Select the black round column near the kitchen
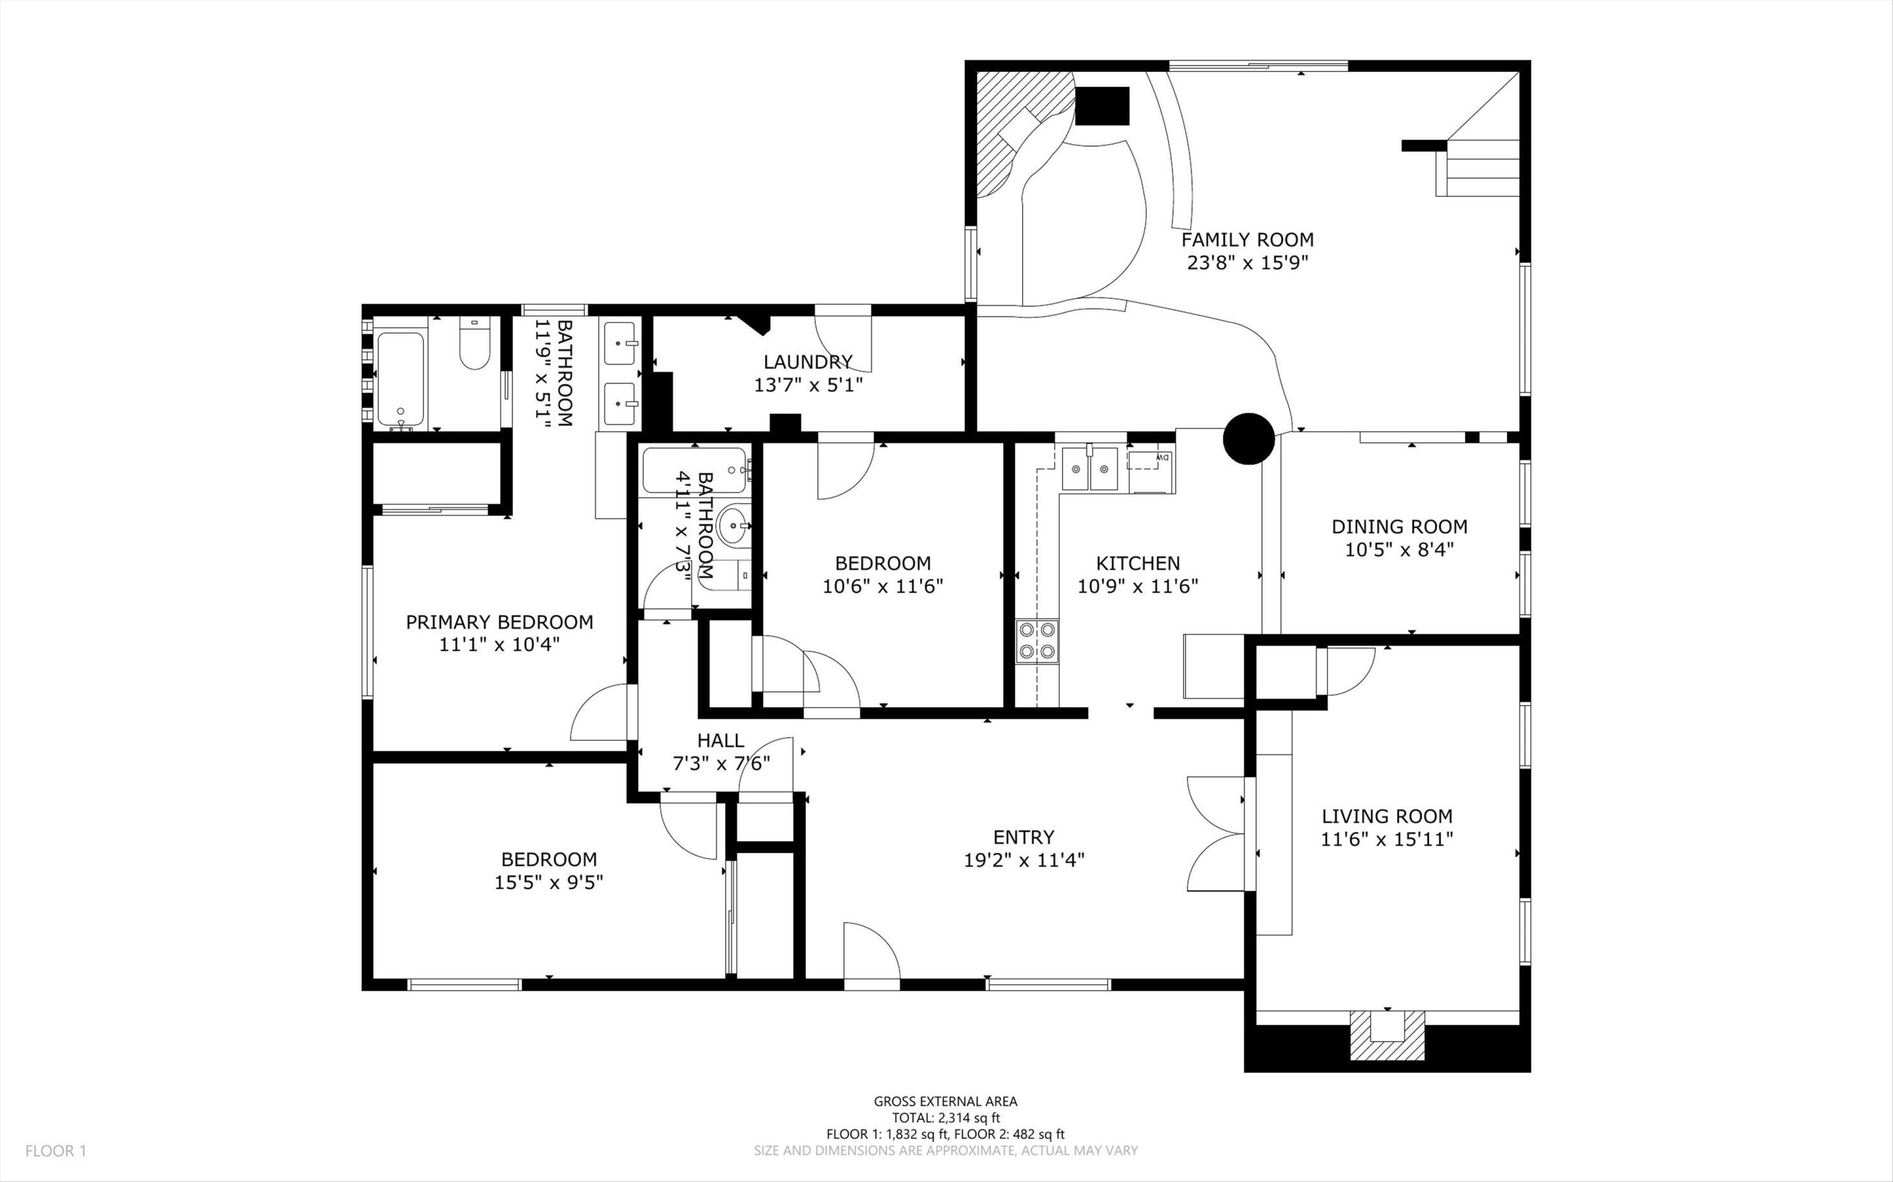tap(1249, 438)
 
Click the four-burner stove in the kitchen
tap(1037, 641)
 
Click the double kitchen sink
tap(1091, 469)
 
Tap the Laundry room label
tap(808, 362)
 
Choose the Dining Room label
tap(1400, 527)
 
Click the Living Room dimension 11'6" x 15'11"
tap(1387, 840)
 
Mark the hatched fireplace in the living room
tap(1387, 1036)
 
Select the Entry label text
tap(1023, 837)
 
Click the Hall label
tap(721, 740)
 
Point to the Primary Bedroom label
tap(500, 623)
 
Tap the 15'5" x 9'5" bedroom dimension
tap(549, 882)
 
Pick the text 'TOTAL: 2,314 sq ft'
tap(946, 1118)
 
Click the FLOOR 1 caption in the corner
tap(56, 1150)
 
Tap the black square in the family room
tap(1102, 107)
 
